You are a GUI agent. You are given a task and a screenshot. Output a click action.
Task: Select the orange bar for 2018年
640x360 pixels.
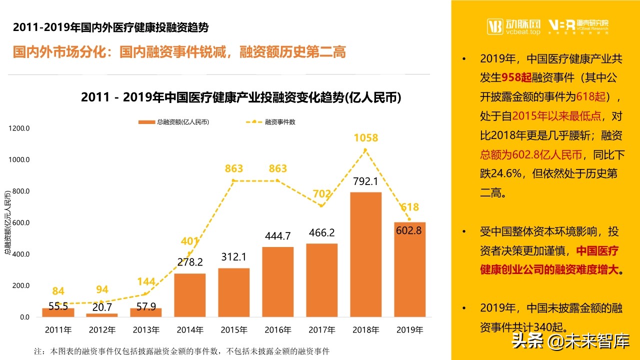pyautogui.click(x=365, y=255)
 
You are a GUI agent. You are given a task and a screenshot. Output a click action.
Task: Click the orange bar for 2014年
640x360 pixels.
pyautogui.click(x=190, y=295)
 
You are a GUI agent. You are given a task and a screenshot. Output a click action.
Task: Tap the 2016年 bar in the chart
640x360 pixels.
pyautogui.click(x=277, y=282)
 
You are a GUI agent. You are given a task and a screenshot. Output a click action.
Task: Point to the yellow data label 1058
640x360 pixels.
pyautogui.click(x=365, y=137)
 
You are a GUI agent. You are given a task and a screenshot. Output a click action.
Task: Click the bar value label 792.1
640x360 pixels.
pyautogui.click(x=365, y=181)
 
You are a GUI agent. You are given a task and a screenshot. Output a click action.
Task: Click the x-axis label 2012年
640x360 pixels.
pyautogui.click(x=102, y=330)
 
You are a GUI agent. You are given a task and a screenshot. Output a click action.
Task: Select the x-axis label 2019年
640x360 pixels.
pyautogui.click(x=409, y=330)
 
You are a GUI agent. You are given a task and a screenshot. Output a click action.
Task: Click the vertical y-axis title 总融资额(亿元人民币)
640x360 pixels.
pyautogui.click(x=7, y=222)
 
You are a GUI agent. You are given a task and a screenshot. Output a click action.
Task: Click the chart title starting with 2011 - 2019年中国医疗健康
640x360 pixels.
pyautogui.click(x=241, y=97)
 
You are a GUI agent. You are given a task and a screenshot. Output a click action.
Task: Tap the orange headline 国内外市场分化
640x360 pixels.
pyautogui.click(x=179, y=52)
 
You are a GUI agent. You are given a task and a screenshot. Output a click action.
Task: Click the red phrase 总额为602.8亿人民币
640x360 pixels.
pyautogui.click(x=531, y=154)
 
